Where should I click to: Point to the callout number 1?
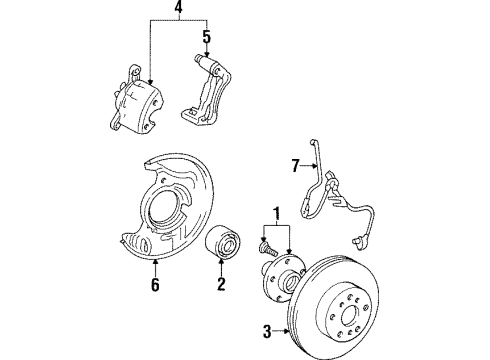click(x=275, y=212)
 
